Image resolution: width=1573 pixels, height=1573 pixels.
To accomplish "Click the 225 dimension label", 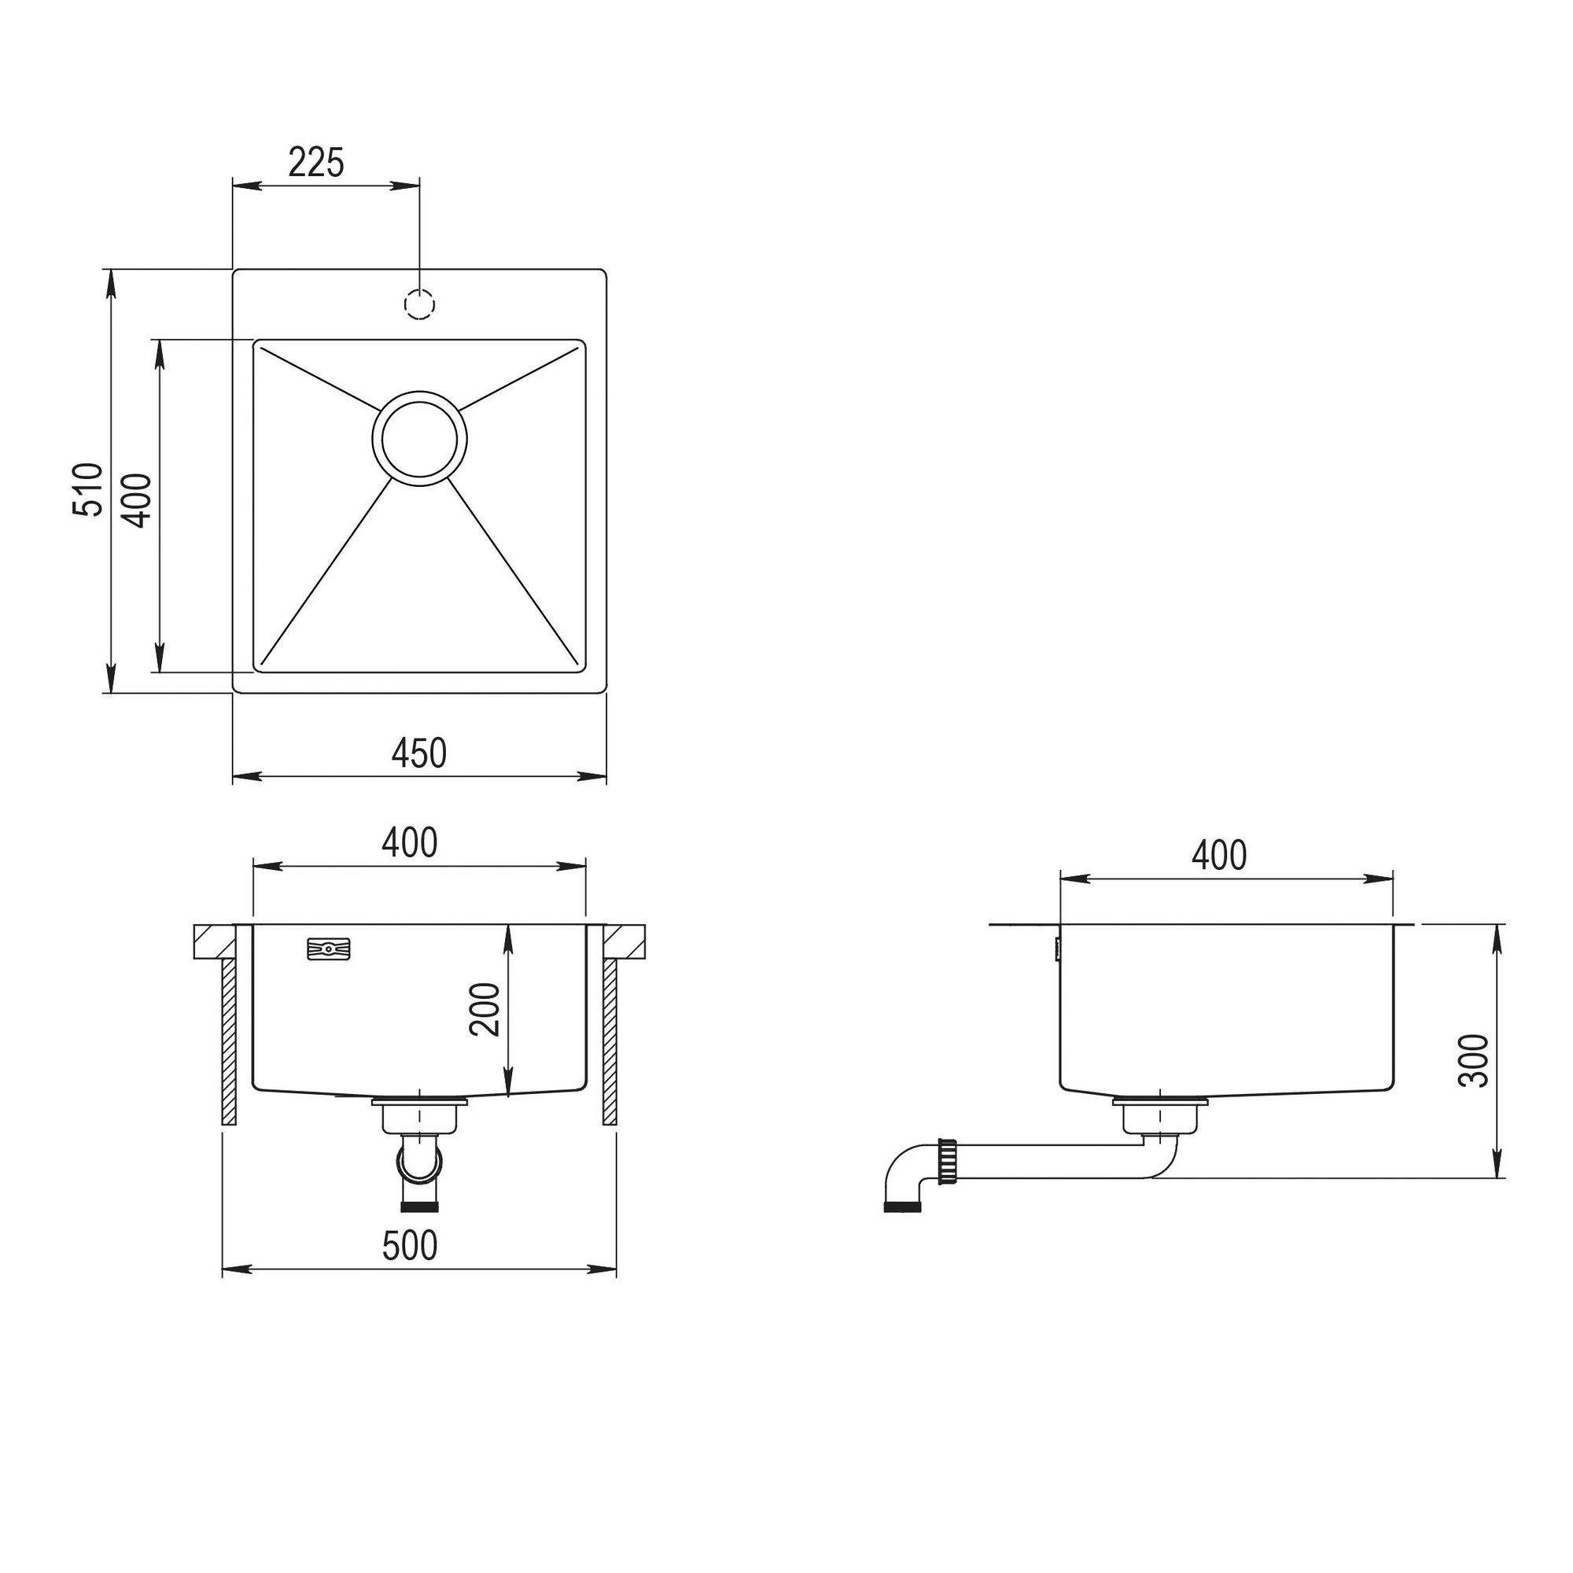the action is [317, 163].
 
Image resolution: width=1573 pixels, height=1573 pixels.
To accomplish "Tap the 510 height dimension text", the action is [88, 489].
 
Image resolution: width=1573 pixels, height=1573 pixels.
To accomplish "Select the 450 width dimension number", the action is [419, 753].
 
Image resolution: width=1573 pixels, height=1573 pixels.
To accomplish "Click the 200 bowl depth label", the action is [484, 1010].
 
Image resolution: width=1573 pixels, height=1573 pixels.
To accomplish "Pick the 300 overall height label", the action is [1474, 1060].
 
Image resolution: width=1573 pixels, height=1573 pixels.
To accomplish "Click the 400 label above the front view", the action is [410, 842].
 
